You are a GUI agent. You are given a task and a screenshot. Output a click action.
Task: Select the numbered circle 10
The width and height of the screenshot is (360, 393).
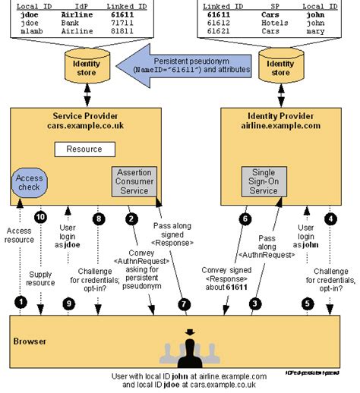(41, 216)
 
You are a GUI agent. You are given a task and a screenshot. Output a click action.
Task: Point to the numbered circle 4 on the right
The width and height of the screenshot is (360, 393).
(331, 220)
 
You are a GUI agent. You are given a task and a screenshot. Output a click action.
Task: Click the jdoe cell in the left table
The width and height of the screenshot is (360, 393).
(26, 14)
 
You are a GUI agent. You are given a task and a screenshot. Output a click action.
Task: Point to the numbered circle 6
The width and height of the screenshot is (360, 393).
(245, 219)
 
